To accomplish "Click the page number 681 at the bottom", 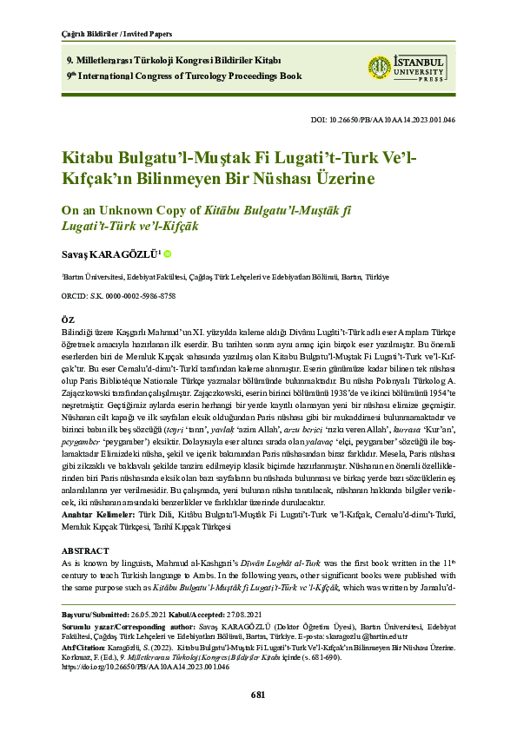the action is pyautogui.click(x=258, y=695).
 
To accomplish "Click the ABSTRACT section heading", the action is pyautogui.click(x=85, y=551).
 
